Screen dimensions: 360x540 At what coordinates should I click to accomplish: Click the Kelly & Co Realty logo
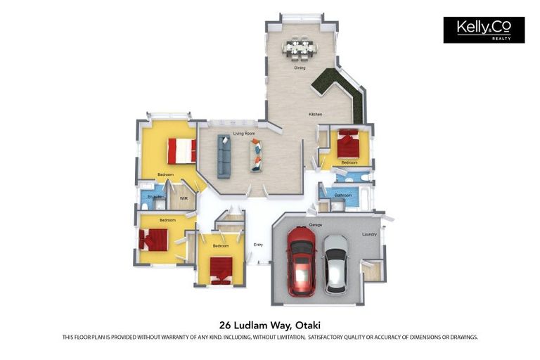coord(484,30)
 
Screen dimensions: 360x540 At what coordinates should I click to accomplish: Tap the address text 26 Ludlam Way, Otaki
coord(270,325)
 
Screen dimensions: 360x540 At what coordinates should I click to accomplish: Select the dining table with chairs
coord(300,49)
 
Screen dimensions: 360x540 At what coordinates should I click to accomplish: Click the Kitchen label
coord(316,114)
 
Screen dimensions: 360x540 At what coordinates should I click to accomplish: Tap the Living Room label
coord(244,132)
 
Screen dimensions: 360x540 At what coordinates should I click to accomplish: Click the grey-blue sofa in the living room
coord(224,155)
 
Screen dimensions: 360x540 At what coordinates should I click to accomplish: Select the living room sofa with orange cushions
coord(256,155)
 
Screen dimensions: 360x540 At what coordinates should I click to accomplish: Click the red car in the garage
coord(301,262)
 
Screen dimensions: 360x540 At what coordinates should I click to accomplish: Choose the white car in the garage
coord(335,264)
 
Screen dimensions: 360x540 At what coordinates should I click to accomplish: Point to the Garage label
coord(316,225)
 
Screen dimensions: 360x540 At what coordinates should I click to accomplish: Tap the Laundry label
coord(369,234)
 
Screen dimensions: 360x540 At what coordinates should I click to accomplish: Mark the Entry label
coord(258,245)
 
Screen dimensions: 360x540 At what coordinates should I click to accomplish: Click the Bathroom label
coord(343,195)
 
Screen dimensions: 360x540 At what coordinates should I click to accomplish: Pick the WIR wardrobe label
coord(184,198)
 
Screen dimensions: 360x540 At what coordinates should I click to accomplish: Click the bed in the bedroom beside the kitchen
coord(348,145)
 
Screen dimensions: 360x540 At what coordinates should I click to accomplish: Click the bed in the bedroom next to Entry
coord(221,269)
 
